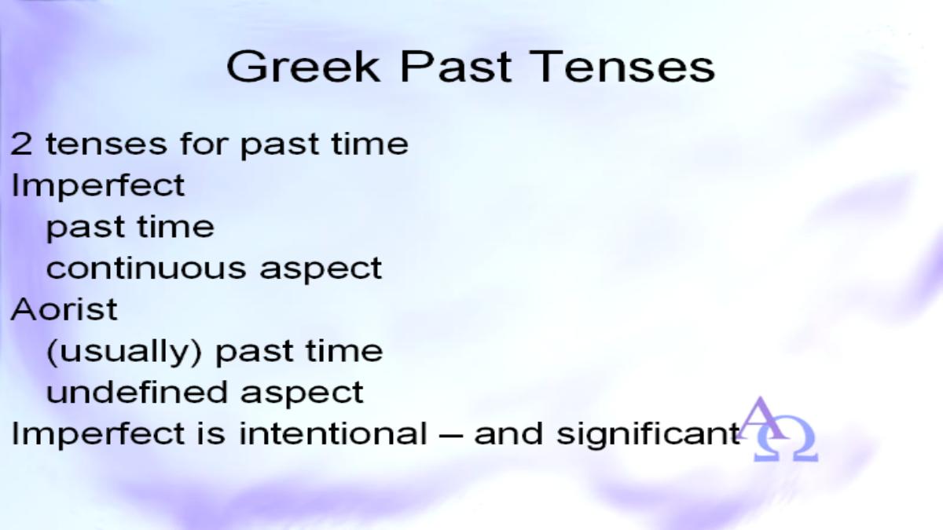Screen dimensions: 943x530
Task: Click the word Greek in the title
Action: [303, 67]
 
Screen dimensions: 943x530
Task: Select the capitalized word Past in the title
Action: [456, 67]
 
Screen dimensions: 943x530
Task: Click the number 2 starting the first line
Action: [21, 144]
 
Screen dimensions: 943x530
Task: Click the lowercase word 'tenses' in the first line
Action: [106, 144]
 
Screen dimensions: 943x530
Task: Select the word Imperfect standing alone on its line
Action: [98, 185]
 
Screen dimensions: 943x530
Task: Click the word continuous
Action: [146, 268]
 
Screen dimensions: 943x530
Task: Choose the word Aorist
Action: [64, 309]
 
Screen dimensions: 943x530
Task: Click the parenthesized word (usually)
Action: [124, 352]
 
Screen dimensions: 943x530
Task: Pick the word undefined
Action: [137, 392]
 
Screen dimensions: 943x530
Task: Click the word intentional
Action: [333, 433]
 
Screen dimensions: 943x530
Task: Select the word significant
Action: [648, 434]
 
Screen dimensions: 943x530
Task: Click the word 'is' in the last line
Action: [211, 433]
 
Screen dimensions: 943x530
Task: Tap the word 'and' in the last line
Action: [508, 433]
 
